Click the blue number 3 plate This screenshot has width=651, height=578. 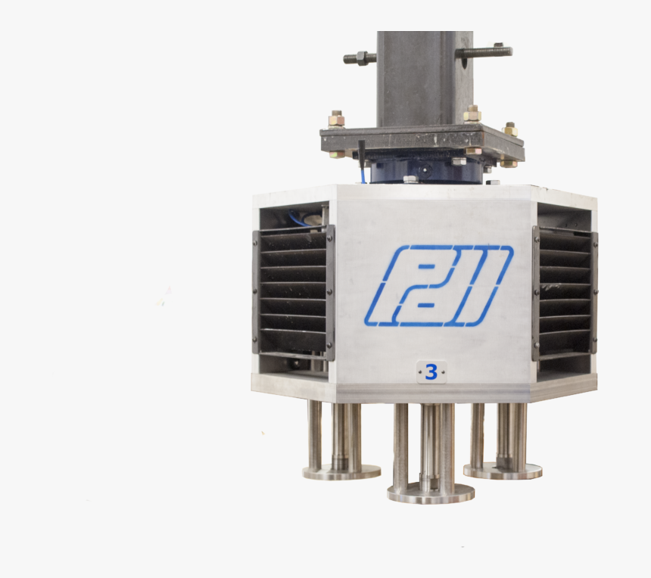tap(431, 372)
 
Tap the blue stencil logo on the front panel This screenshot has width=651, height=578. tap(439, 286)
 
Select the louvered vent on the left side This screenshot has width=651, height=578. tap(294, 293)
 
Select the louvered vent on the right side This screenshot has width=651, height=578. tap(565, 294)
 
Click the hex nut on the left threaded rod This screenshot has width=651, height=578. tap(360, 57)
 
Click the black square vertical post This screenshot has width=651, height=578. tap(425, 79)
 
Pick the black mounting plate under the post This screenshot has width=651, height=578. tap(422, 142)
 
